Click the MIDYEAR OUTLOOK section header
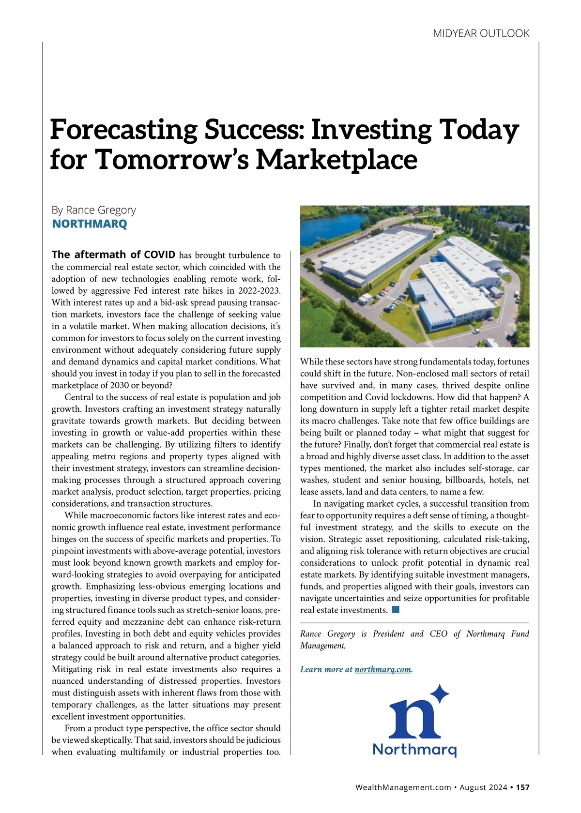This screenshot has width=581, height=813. pos(481,33)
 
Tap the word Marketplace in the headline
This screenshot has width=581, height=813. pos(336,159)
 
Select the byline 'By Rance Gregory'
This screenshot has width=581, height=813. pos(94,210)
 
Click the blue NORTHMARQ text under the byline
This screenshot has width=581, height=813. pos(90,224)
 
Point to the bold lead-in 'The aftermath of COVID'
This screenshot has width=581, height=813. pos(113,255)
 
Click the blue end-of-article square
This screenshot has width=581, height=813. pos(396,609)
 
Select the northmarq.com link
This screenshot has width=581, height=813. pos(382,669)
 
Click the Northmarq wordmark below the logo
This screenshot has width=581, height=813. pos(414,750)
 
